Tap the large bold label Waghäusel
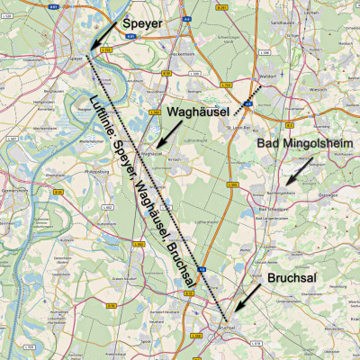[201, 112]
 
